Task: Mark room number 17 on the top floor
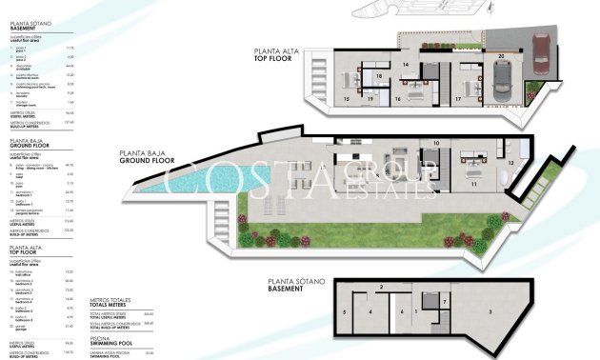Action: [x=458, y=98]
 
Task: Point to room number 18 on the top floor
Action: [x=379, y=75]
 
